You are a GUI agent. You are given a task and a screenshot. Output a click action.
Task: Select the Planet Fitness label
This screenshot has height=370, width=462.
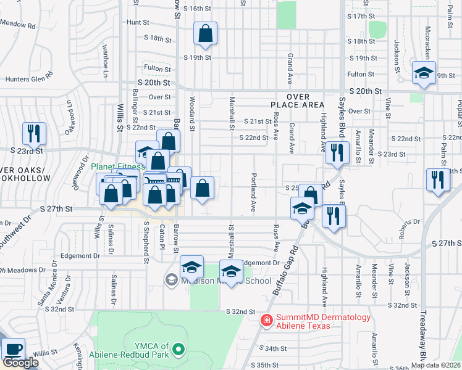coord(117,166)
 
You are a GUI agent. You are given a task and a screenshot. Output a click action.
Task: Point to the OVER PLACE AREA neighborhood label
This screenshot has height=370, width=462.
coord(297,101)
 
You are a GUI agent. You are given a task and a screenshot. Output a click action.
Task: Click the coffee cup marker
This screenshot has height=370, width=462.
coord(13,350)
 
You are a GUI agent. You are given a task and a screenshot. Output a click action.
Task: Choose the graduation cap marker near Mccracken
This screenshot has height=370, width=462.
coord(424,73)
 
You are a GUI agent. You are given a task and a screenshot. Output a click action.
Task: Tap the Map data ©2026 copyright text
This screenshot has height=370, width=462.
coord(435,365)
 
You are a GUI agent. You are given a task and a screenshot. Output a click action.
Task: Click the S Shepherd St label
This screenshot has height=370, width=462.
coord(146,242)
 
